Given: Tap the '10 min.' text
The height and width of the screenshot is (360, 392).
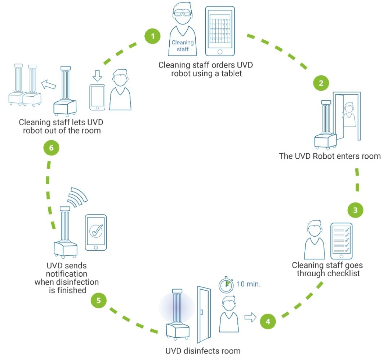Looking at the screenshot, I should click(x=248, y=284).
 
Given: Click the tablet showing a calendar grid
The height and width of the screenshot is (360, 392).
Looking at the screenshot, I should click(x=220, y=31).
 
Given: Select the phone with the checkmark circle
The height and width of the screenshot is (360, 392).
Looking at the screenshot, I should click(x=96, y=233).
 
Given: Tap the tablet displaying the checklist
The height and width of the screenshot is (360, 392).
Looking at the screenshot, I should click(x=341, y=241).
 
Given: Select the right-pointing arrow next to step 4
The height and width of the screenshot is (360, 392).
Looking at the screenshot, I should click(x=250, y=317).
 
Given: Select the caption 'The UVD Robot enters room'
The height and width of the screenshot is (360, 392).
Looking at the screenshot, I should click(x=330, y=156).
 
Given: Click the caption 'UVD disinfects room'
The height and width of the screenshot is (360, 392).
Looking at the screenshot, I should click(x=202, y=351).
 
